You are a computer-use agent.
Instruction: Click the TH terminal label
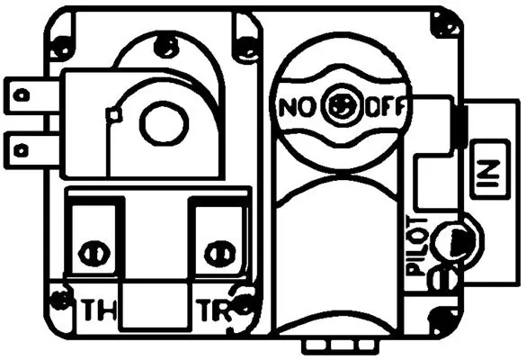(x=100, y=310)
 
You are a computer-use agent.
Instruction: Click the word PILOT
(x=417, y=247)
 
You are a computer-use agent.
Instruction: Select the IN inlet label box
(x=489, y=169)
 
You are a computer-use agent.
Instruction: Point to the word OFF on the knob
(x=385, y=107)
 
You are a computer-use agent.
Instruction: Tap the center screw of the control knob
(x=341, y=106)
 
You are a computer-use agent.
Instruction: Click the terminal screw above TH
(x=94, y=254)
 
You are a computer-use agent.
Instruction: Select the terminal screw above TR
(x=219, y=254)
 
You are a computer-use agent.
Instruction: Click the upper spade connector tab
(x=31, y=95)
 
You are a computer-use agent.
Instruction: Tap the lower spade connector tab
(x=31, y=150)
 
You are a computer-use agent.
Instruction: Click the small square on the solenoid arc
(x=114, y=115)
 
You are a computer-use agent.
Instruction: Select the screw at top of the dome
(x=165, y=46)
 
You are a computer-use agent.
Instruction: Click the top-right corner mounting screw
(x=445, y=25)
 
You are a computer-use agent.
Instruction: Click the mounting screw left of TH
(x=61, y=298)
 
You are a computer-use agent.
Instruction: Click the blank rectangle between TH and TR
(x=155, y=306)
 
